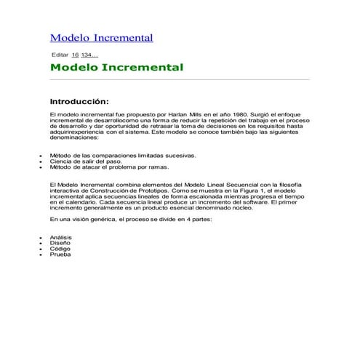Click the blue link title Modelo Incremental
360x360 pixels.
click(x=101, y=38)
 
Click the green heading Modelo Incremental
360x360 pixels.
click(x=116, y=68)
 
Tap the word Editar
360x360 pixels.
click(x=60, y=55)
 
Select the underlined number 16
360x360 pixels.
click(x=75, y=55)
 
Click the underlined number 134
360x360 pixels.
click(x=87, y=55)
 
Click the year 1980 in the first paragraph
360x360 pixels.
click(x=238, y=114)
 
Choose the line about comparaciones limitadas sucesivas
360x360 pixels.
click(x=112, y=155)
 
